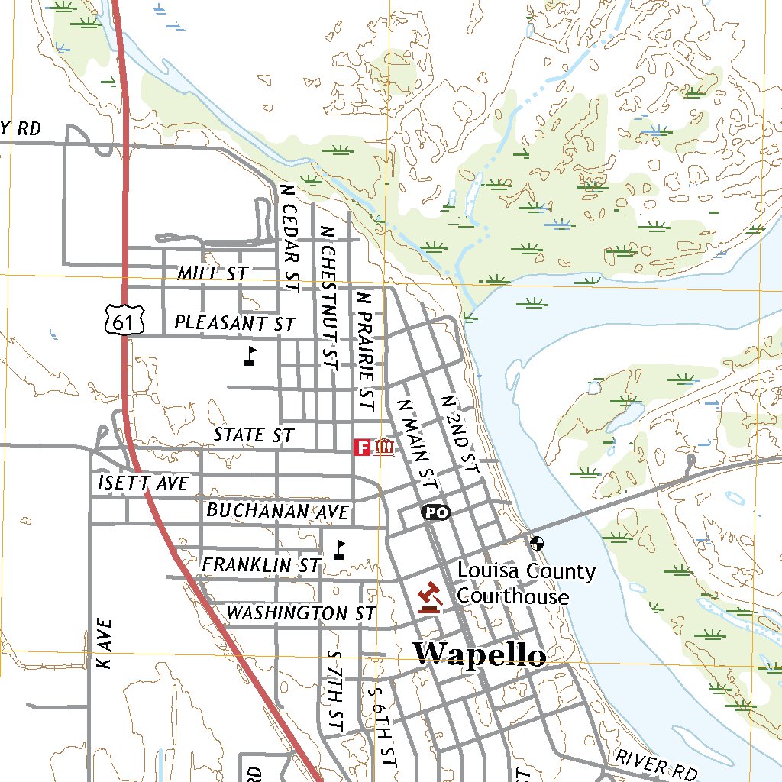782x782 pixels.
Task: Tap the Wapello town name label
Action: pos(480,654)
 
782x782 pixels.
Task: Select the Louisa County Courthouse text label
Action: pos(525,583)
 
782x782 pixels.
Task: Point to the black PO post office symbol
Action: pos(435,512)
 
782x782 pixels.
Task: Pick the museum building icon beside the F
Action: pos(384,447)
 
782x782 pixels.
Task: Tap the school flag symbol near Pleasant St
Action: pos(250,356)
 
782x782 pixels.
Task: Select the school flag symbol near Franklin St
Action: pos(340,550)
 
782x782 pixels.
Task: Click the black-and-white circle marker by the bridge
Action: pos(538,544)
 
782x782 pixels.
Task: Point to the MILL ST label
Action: pos(212,273)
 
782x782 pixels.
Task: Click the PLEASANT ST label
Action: pos(234,323)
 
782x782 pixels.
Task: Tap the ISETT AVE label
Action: pos(143,483)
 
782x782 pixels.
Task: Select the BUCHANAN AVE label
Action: pos(277,511)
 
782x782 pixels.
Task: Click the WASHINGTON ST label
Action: pos(301,613)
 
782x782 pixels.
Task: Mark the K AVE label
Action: pos(105,644)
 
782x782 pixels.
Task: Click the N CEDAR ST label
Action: pos(289,238)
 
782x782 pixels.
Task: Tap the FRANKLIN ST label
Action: pos(260,565)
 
